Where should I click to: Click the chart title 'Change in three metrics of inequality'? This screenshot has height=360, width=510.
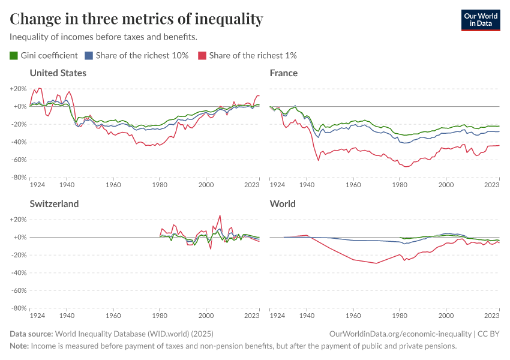pos(136,19)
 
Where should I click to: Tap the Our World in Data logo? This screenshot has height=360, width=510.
pos(480,19)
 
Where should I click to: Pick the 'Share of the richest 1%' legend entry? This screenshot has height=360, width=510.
pos(248,55)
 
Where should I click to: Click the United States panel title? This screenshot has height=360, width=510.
pos(58,73)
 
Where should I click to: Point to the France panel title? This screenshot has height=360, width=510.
pos(284,73)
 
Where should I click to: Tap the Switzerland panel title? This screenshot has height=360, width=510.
pos(54,204)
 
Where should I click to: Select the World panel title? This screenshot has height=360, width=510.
pos(283,204)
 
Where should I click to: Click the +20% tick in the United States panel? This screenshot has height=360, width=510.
pos(18,89)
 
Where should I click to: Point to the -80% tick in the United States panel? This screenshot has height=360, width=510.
pos(18,178)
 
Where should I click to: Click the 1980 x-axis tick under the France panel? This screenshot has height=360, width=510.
pos(400,185)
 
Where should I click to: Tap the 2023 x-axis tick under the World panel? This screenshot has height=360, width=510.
pos(491,316)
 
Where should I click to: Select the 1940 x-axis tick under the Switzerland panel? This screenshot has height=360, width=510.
pos(67,316)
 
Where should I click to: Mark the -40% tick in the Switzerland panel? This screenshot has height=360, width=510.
pos(18,273)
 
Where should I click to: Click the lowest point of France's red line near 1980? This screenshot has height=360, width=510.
pos(407,167)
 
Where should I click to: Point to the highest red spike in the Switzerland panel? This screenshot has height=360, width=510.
pos(220,215)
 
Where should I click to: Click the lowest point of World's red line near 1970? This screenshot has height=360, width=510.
pos(376,263)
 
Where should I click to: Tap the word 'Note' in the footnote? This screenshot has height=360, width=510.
pos(19,346)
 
